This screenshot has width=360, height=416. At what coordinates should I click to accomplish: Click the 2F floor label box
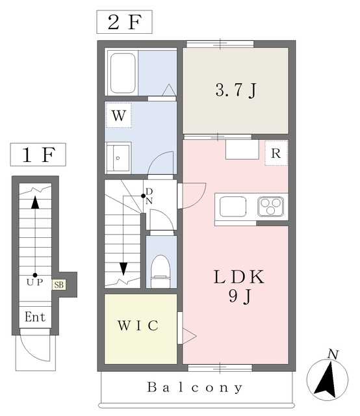click(124, 22)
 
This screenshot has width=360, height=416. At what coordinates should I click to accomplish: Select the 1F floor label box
click(38, 155)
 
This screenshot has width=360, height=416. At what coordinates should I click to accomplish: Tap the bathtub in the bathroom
click(123, 73)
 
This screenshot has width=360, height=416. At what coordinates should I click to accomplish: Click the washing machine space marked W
click(118, 116)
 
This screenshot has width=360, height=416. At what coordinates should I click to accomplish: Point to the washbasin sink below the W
click(118, 158)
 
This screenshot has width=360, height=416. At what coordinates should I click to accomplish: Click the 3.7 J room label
click(236, 90)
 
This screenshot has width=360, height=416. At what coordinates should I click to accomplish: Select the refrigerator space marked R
click(276, 153)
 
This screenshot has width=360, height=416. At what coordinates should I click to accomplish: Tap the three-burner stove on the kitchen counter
click(270, 207)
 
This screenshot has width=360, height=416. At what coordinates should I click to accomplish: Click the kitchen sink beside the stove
click(233, 207)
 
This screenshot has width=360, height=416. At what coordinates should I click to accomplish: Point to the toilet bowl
click(161, 270)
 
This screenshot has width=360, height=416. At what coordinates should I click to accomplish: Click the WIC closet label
click(138, 326)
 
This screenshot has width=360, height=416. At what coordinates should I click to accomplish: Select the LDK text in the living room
click(239, 277)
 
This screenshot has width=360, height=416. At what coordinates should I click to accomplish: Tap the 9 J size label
click(240, 296)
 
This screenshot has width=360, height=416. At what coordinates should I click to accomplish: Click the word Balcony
click(195, 387)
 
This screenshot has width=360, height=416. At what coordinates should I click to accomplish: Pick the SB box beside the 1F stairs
click(59, 285)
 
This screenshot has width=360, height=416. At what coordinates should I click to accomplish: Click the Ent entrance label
click(35, 317)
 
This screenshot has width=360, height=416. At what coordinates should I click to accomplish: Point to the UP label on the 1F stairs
click(34, 282)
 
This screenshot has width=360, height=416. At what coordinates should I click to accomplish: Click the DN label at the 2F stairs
click(149, 196)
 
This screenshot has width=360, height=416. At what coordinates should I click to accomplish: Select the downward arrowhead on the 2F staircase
click(123, 268)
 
